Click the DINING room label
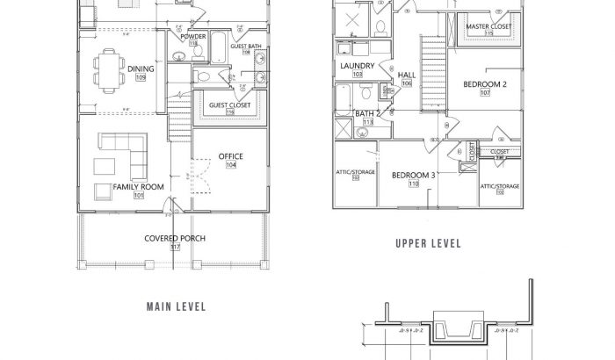click(x=141, y=68)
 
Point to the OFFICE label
click(x=230, y=156)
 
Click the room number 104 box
click(x=230, y=165)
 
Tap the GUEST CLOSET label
click(x=229, y=105)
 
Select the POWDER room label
click(x=192, y=38)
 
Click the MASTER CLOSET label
click(x=488, y=27)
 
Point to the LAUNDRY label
click(x=358, y=66)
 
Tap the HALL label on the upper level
click(x=407, y=75)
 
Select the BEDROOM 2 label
click(x=485, y=84)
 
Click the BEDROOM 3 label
click(x=413, y=175)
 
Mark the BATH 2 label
click(x=368, y=114)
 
